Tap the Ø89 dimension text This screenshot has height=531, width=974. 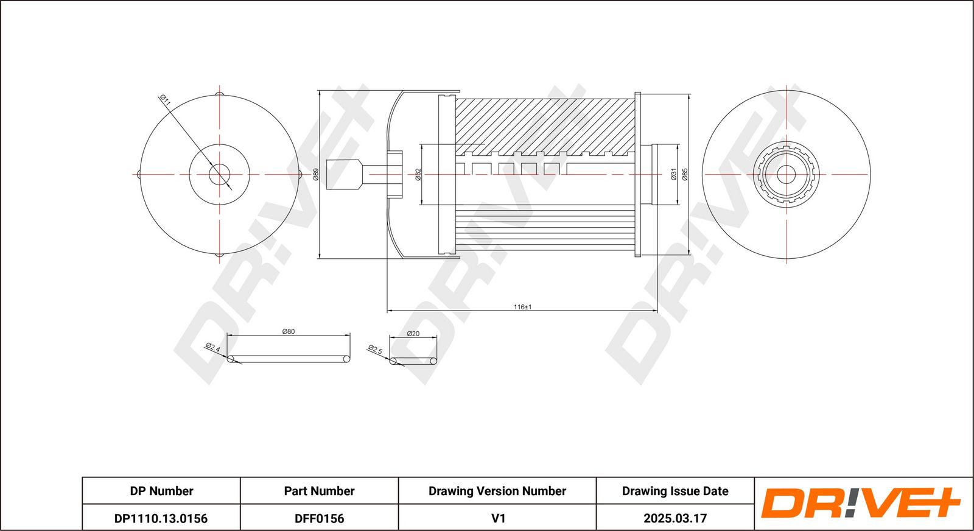316,175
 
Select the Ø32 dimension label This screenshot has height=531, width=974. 418,175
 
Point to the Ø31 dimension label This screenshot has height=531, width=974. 674,175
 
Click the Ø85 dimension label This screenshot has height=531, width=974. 685,175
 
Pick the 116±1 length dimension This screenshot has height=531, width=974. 522,307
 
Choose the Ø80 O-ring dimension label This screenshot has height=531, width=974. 289,331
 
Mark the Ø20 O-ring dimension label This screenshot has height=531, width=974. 413,334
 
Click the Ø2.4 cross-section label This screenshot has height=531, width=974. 212,348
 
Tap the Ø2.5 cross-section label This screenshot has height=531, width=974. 375,350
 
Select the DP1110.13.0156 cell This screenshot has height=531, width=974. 161,518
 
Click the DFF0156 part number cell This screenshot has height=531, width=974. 319,518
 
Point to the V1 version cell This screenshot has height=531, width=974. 498,518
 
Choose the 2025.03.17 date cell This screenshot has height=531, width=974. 675,518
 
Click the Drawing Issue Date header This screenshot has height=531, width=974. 675,491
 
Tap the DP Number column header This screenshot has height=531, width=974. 161,491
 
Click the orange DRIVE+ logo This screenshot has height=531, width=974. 860,503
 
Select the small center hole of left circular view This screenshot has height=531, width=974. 219,175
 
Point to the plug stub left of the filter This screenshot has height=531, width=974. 345,174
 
